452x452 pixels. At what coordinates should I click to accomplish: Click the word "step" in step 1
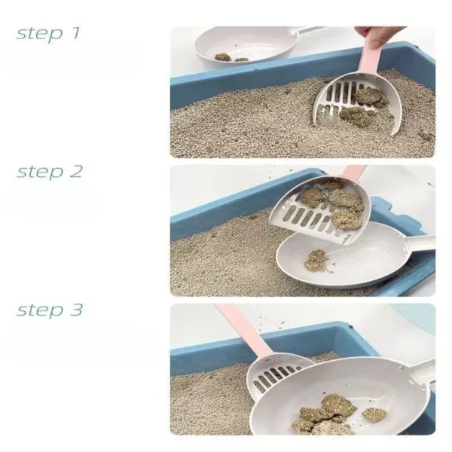tap(39, 34)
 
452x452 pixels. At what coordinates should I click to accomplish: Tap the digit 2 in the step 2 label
tap(76, 171)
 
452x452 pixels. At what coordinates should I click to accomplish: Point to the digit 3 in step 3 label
tap(76, 310)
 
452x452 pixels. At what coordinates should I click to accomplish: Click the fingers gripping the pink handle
tap(374, 36)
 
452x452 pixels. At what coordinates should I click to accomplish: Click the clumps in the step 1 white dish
tap(231, 58)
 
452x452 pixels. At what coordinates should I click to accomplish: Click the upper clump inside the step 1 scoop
tap(370, 96)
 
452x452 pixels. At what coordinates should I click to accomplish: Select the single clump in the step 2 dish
tap(316, 260)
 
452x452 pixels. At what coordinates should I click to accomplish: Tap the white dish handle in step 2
tap(421, 243)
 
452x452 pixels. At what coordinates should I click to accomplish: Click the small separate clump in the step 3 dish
tap(374, 414)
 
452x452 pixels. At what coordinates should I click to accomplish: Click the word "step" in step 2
tap(39, 173)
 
